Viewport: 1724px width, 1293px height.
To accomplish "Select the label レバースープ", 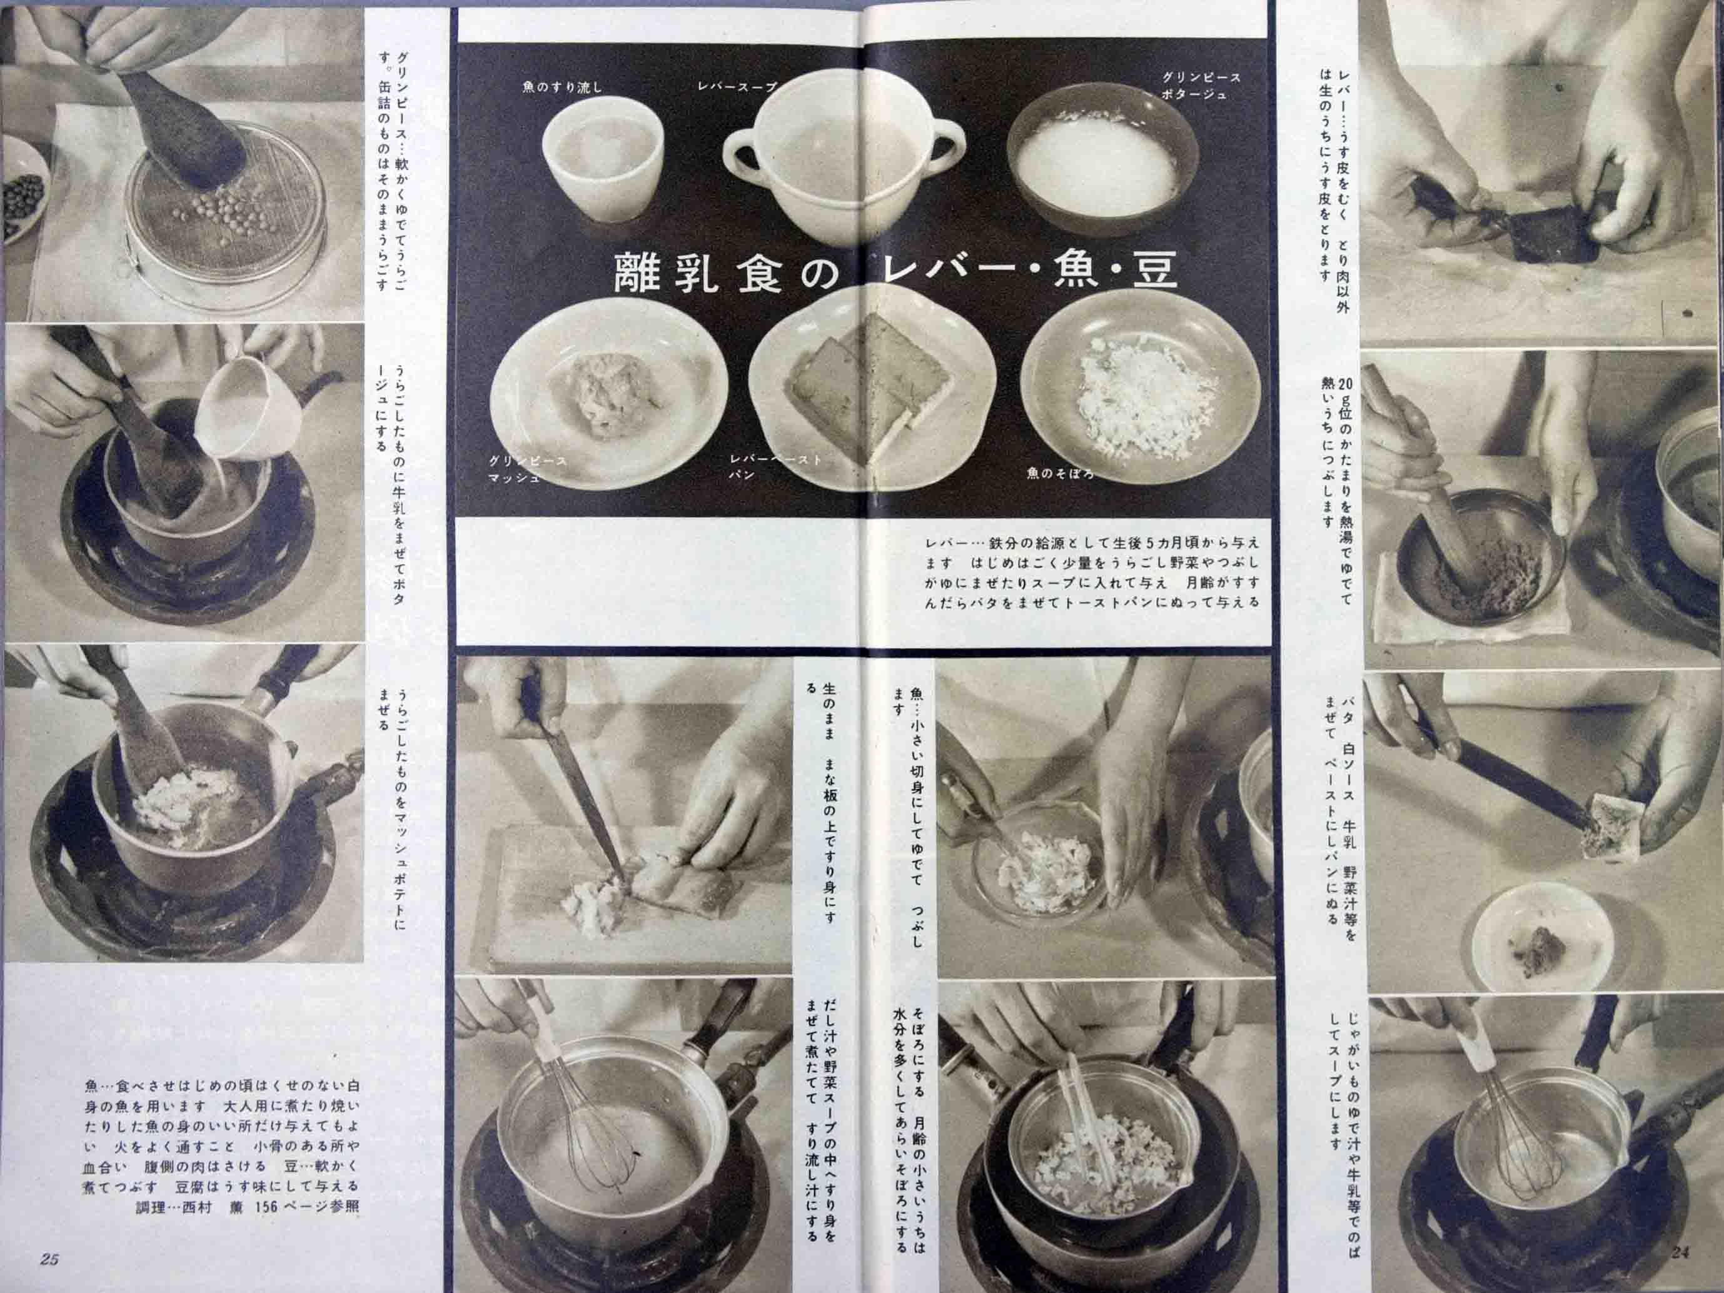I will tap(737, 86).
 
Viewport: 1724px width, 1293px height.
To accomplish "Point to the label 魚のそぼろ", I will tap(1060, 474).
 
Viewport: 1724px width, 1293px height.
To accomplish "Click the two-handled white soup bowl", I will tap(839, 163).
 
